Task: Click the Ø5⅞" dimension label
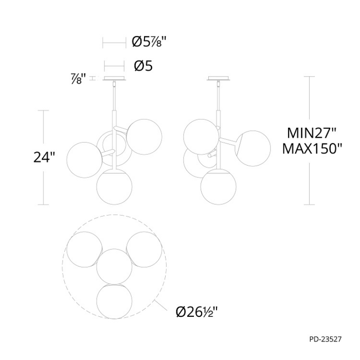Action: [x=149, y=42]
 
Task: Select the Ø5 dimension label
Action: [x=143, y=66]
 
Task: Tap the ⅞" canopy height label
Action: [x=78, y=78]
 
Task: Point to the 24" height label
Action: [x=44, y=157]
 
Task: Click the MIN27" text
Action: [x=311, y=133]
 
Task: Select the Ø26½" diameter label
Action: [x=196, y=312]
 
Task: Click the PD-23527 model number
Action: [x=325, y=339]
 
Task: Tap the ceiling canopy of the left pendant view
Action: [x=114, y=78]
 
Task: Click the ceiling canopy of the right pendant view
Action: [x=218, y=78]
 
